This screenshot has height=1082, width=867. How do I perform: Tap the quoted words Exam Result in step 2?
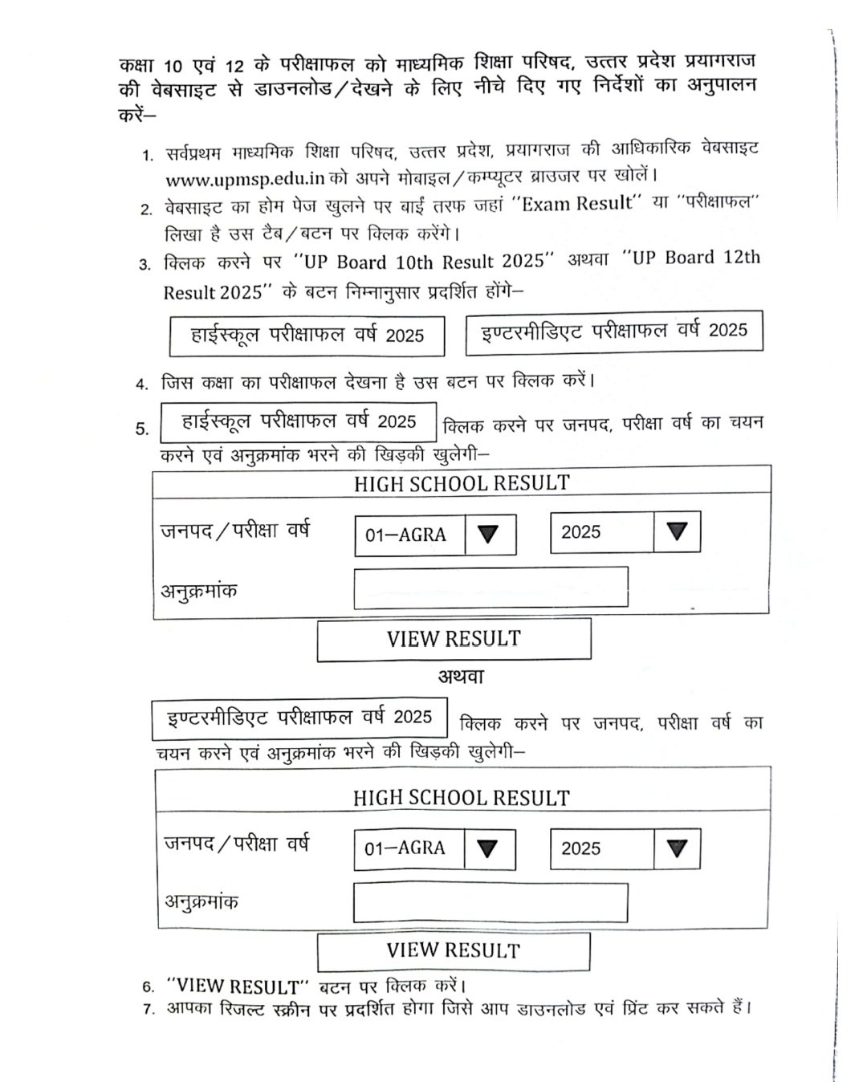tap(577, 204)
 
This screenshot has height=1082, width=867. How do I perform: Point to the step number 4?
tap(142, 384)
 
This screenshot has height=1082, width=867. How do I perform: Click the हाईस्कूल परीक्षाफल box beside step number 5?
tap(299, 422)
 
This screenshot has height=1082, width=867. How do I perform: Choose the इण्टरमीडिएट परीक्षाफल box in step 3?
tap(613, 332)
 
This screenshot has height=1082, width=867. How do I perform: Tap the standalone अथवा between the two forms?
tap(461, 677)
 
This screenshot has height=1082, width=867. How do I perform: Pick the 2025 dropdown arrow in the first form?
tap(677, 531)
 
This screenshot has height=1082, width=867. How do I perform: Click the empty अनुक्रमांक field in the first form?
tap(490, 588)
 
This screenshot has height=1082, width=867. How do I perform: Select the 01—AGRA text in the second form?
tap(405, 848)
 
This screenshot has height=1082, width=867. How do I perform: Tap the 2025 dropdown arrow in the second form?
tap(677, 848)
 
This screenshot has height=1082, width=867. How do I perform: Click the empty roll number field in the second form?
tap(490, 903)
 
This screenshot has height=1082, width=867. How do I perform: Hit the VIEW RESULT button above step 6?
tap(454, 951)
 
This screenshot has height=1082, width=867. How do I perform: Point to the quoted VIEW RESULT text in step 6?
tap(238, 986)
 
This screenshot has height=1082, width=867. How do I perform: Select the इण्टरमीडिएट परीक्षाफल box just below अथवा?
tap(299, 718)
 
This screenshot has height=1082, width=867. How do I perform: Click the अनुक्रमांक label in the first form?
tap(200, 592)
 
